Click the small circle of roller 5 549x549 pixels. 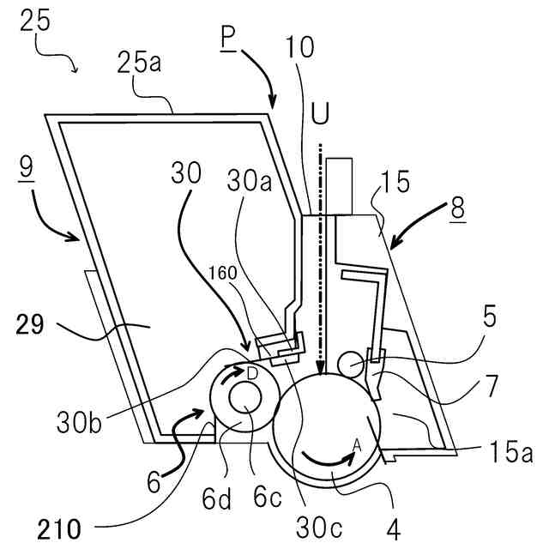tap(352, 364)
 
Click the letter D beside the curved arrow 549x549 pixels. tap(252, 374)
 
